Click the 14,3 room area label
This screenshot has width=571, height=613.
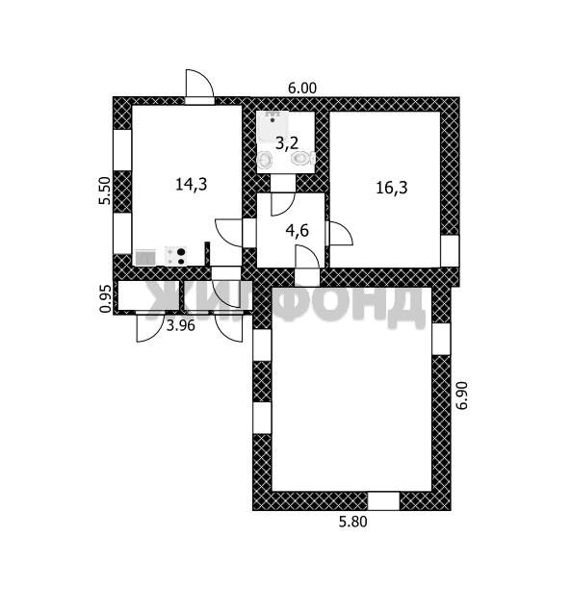point(191,184)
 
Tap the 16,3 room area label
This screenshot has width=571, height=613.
point(392,188)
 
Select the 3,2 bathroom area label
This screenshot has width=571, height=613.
point(287,143)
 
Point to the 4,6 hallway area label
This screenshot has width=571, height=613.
point(298,231)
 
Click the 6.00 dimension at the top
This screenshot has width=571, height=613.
point(302,89)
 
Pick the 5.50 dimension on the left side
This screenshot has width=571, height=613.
point(104,191)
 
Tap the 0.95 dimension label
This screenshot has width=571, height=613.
point(105,298)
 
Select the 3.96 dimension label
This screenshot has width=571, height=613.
point(181,325)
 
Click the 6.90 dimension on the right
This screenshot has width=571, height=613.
point(462,396)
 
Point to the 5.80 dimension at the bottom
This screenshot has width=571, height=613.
point(352,523)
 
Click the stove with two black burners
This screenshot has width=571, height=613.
point(175,256)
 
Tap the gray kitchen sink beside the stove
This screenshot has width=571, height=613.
point(145,257)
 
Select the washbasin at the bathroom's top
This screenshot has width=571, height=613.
point(273,122)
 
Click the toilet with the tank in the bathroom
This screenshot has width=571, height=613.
point(303,159)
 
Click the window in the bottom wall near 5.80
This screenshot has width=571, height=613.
point(383,501)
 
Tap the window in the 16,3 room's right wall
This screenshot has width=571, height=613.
point(450,251)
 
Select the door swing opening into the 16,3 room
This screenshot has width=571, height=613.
point(341,234)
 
